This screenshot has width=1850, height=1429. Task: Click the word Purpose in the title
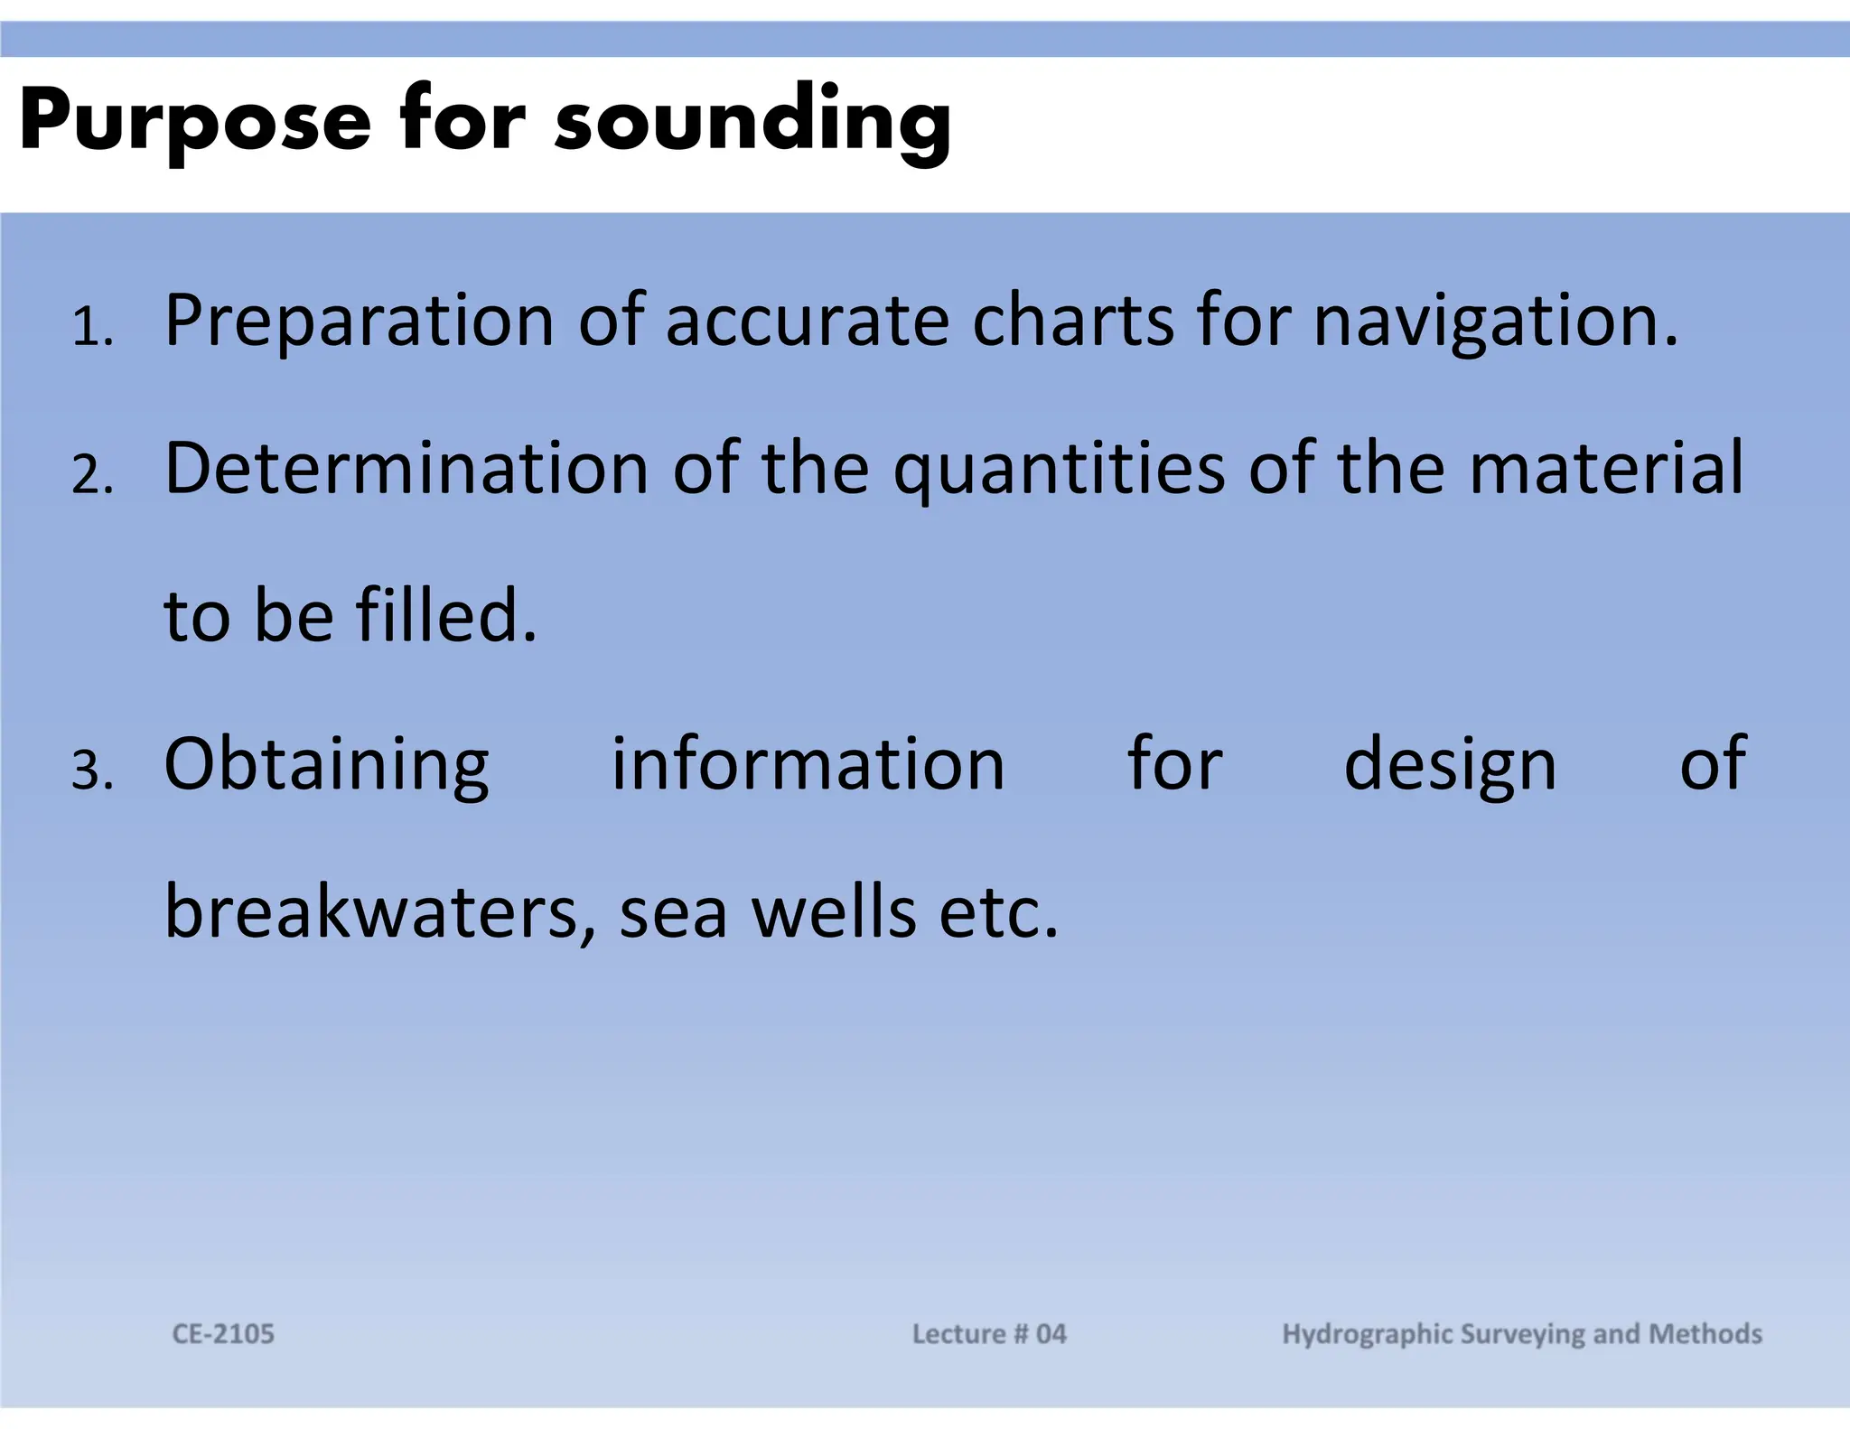194,122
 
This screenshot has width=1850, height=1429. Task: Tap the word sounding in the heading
752,122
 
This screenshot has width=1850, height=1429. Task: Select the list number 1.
91,326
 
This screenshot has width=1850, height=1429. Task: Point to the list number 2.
91,475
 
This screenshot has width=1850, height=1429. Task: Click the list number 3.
91,771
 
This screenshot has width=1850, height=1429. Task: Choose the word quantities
1059,470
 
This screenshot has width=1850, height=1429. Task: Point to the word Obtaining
326,766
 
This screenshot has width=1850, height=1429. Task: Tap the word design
1450,766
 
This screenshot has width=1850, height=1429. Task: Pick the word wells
834,912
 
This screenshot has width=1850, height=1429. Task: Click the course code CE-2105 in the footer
223,1334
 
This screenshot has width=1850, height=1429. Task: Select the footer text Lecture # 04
989,1334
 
